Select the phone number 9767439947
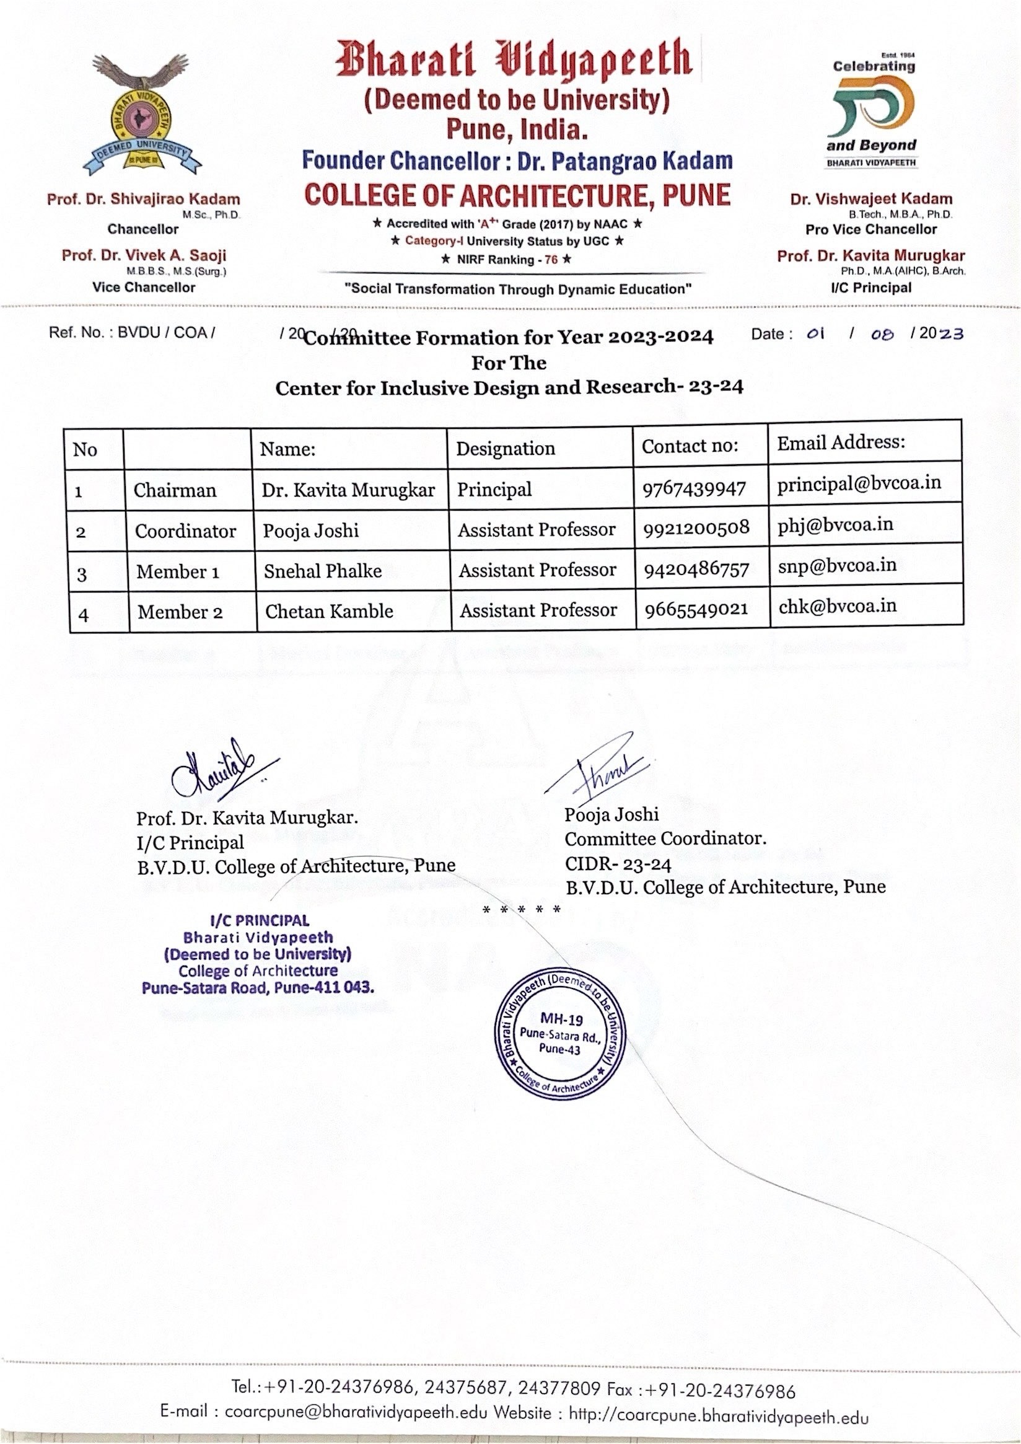[693, 489]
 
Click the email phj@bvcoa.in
[835, 524]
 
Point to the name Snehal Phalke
[323, 570]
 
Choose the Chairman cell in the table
[175, 490]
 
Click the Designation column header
[506, 449]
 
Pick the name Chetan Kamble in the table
[329, 610]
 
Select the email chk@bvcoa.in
[838, 605]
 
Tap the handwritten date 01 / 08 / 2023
[883, 334]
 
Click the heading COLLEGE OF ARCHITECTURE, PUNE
[517, 195]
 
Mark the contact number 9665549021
[696, 609]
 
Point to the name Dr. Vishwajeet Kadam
[870, 200]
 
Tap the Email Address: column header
[841, 442]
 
